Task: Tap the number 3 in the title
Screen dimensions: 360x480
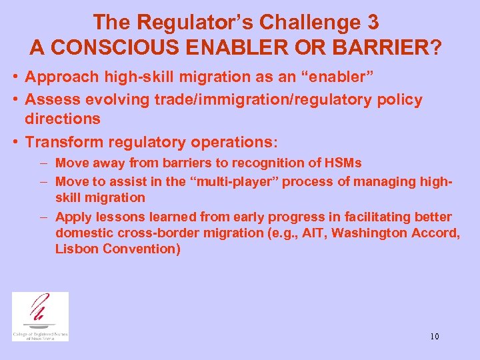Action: tap(373, 22)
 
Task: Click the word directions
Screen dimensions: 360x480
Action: tap(63, 119)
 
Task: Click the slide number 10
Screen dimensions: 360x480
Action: tap(434, 336)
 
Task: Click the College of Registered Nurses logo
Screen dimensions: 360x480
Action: tap(40, 316)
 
